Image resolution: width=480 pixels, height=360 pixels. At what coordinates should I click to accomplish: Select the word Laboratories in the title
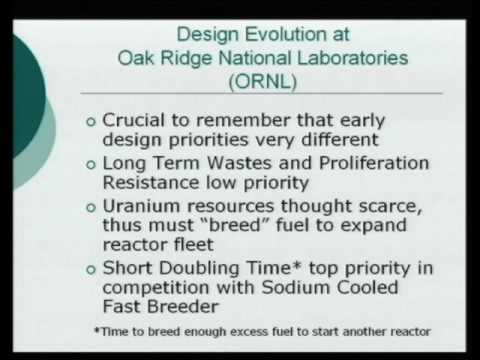(x=339, y=58)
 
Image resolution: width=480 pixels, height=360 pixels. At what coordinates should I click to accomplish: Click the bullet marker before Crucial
(x=93, y=123)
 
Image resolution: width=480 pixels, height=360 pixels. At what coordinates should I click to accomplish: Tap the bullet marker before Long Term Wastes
(x=93, y=162)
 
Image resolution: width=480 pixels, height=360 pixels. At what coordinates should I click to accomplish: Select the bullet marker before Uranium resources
(x=93, y=209)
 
